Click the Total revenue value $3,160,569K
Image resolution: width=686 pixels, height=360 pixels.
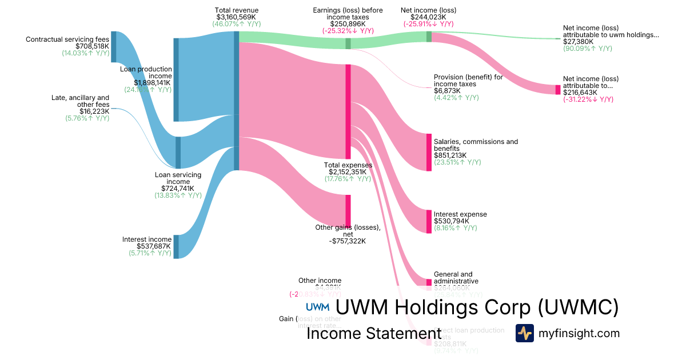[237, 17]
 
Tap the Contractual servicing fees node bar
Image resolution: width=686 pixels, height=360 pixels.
[113, 47]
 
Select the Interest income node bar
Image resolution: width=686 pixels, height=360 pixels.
[176, 246]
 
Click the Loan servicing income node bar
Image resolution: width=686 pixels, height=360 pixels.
[178, 153]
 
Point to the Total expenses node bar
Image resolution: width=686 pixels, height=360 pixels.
[348, 111]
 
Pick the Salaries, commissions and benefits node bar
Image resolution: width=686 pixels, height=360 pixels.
[429, 151]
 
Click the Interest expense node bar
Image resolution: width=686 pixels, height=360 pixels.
[429, 221]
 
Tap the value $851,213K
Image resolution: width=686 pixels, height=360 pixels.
[450, 155]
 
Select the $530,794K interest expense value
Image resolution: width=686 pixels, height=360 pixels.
[452, 221]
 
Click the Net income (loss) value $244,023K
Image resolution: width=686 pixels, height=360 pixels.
[428, 17]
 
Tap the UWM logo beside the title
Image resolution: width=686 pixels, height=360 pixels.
[317, 307]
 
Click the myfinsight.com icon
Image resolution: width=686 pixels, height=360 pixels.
[524, 333]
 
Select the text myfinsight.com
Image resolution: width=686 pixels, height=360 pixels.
[579, 333]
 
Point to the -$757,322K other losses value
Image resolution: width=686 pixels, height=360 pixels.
[348, 241]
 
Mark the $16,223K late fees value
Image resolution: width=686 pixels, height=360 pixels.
[94, 111]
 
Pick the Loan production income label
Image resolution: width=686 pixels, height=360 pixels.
[146, 73]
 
